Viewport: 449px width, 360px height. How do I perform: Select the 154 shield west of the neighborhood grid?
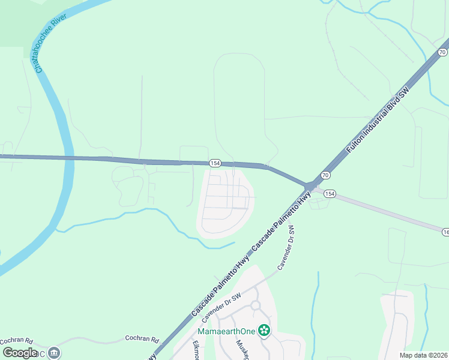(x=215, y=163)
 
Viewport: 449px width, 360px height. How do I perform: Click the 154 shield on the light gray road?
(x=331, y=194)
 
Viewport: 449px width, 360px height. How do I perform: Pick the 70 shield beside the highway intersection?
(x=325, y=175)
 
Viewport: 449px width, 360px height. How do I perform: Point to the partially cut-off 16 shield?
(x=446, y=232)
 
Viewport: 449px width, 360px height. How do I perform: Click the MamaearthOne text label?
(x=228, y=331)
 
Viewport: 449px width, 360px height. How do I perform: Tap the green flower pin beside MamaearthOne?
(x=264, y=330)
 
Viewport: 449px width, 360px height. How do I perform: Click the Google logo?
(x=20, y=352)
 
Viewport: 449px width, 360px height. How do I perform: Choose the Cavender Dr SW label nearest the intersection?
(x=287, y=247)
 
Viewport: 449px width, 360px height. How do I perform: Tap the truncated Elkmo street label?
(x=196, y=350)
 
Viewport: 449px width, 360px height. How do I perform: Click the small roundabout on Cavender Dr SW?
(x=255, y=305)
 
